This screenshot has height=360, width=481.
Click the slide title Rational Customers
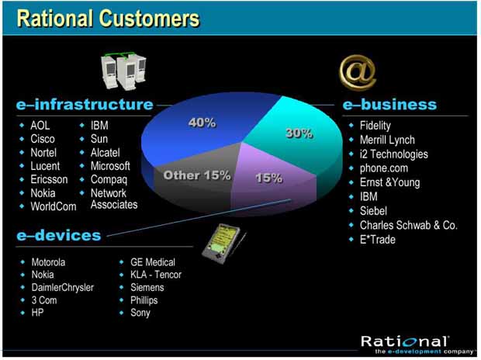point(108,19)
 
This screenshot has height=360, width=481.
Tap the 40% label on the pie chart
point(202,123)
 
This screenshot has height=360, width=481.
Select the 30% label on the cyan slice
point(299,133)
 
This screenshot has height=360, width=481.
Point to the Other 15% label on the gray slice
point(197,175)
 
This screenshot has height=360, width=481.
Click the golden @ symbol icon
point(358,72)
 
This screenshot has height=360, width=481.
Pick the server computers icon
point(123,71)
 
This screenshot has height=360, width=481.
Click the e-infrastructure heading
point(85,104)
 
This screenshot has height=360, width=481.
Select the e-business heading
point(389,104)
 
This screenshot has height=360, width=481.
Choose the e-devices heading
point(59,235)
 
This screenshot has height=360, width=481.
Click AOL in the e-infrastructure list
point(40,126)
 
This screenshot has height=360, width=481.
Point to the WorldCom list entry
point(54,206)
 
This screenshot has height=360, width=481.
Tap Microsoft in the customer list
point(110,166)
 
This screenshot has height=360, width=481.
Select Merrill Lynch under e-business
point(387,140)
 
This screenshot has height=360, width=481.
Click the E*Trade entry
point(378,240)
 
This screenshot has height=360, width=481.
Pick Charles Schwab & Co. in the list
point(409,225)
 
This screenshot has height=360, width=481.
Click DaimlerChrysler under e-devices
point(63,288)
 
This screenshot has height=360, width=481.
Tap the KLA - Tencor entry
point(156,275)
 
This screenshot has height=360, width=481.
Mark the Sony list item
point(140,313)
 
